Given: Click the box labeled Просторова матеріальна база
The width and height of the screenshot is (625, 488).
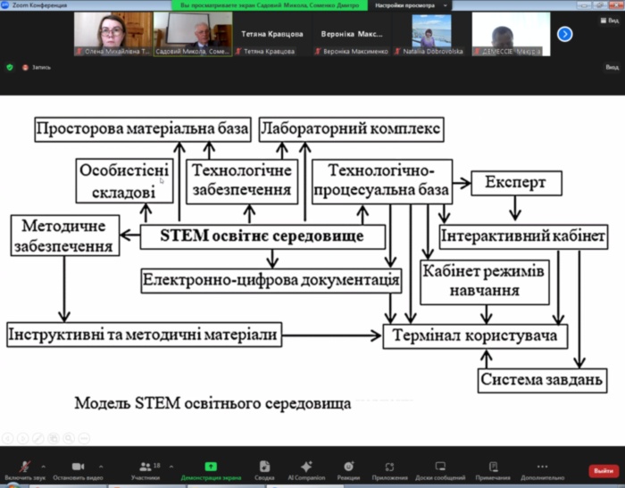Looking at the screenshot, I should pyautogui.click(x=143, y=130).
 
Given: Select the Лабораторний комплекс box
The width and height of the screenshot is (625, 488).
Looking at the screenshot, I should pyautogui.click(x=351, y=130).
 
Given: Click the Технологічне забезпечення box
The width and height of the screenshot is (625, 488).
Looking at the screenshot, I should pyautogui.click(x=241, y=180).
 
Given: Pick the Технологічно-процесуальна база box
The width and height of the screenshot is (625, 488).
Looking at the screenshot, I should pyautogui.click(x=382, y=180).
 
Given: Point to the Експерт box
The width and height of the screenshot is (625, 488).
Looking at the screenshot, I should pyautogui.click(x=516, y=183).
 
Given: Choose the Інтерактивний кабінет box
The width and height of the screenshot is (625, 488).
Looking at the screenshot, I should pyautogui.click(x=511, y=237).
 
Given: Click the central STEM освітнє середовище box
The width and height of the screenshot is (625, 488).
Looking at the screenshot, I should pyautogui.click(x=263, y=236).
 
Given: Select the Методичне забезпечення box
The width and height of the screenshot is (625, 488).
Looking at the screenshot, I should pyautogui.click(x=65, y=236).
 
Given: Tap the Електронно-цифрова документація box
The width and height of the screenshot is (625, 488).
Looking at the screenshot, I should pyautogui.click(x=271, y=280).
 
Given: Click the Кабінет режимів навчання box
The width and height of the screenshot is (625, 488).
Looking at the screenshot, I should pyautogui.click(x=483, y=280).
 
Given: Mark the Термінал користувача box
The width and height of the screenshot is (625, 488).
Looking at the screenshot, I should pyautogui.click(x=475, y=335).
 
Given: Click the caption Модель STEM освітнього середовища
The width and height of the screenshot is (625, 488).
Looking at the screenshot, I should pyautogui.click(x=212, y=402).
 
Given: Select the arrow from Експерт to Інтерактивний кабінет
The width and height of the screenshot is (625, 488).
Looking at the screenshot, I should pyautogui.click(x=514, y=209).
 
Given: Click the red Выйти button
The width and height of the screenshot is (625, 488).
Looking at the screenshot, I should pyautogui.click(x=603, y=470).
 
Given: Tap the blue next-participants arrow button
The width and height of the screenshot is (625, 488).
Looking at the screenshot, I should pyautogui.click(x=564, y=34).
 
